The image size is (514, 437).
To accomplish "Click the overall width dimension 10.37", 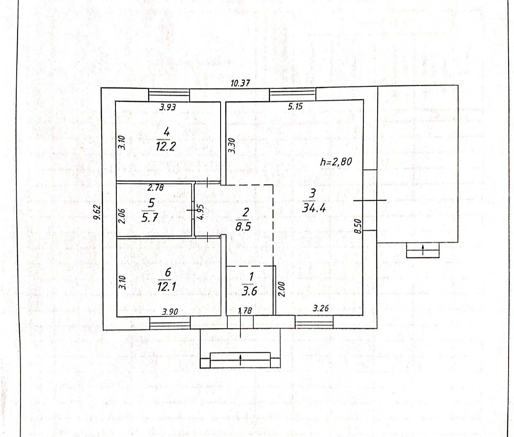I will pyautogui.click(x=240, y=83).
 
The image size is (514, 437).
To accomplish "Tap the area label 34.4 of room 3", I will pyautogui.click(x=314, y=207).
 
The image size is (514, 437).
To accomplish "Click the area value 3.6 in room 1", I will pyautogui.click(x=249, y=291).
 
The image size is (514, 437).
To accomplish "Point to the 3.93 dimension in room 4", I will pyautogui.click(x=167, y=107).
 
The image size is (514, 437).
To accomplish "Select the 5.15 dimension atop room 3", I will pyautogui.click(x=295, y=106).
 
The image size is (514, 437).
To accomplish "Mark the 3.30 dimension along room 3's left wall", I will pyautogui.click(x=232, y=146).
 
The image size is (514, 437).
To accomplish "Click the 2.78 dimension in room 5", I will pyautogui.click(x=156, y=188).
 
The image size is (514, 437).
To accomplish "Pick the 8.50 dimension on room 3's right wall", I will pyautogui.click(x=357, y=225).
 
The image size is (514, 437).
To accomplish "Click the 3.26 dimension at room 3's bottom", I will pyautogui.click(x=321, y=309).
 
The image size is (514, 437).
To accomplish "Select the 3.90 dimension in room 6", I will pyautogui.click(x=170, y=311).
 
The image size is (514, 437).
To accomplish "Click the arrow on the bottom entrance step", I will pyautogui.click(x=241, y=359).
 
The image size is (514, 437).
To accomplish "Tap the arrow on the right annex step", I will pyautogui.click(x=423, y=251).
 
